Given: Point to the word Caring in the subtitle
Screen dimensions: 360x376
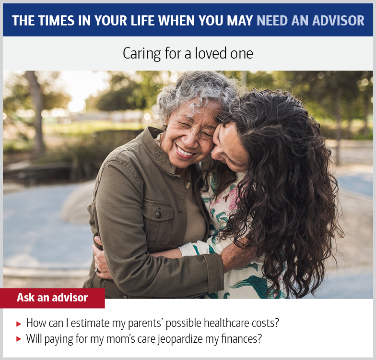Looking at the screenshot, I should click(140, 53).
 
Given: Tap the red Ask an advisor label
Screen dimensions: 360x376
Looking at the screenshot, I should click(52, 298).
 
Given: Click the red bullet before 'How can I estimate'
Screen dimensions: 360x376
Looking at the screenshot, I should click(19, 324).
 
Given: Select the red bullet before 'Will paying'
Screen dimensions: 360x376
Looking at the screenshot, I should click(19, 339).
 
